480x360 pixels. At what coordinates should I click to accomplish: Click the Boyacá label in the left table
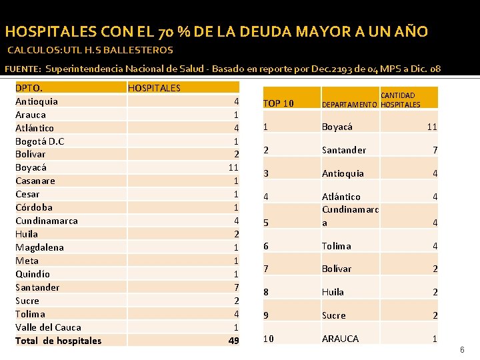pyautogui.click(x=31, y=167)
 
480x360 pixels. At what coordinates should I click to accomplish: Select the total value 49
pyautogui.click(x=233, y=341)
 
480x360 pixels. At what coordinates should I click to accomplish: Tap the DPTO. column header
pyautogui.click(x=29, y=87)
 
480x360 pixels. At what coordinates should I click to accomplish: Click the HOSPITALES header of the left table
pyautogui.click(x=154, y=87)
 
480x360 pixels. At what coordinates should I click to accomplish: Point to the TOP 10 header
pyautogui.click(x=278, y=103)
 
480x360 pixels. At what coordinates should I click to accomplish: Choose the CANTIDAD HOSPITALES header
pyautogui.click(x=400, y=100)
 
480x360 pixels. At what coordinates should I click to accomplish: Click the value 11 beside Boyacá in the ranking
pyautogui.click(x=432, y=127)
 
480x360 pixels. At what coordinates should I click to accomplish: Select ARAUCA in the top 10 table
pyautogui.click(x=340, y=339)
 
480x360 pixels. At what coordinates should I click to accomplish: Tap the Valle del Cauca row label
pyautogui.click(x=48, y=327)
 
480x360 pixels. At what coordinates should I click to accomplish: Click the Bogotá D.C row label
pyautogui.click(x=39, y=141)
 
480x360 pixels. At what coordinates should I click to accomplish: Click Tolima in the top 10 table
pyautogui.click(x=337, y=246)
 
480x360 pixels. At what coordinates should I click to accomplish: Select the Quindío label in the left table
pyautogui.click(x=33, y=274)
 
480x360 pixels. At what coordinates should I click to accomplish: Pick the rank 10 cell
pyautogui.click(x=269, y=339)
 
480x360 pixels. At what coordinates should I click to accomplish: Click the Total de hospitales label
pyautogui.click(x=59, y=341)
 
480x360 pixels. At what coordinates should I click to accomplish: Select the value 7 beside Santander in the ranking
pyautogui.click(x=435, y=151)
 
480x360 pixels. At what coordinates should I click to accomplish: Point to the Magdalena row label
pyautogui.click(x=39, y=247)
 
